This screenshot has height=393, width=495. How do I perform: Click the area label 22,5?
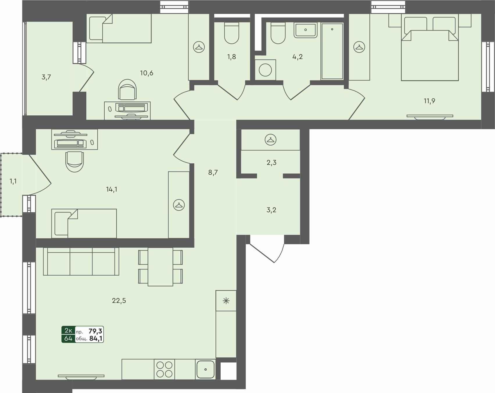pyautogui.click(x=119, y=301)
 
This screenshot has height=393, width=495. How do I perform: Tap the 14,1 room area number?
pyautogui.click(x=112, y=190)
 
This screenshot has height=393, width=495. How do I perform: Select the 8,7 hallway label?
pyautogui.click(x=213, y=172)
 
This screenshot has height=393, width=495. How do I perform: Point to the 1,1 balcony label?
pyautogui.click(x=13, y=181)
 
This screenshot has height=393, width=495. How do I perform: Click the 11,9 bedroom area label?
pyautogui.click(x=429, y=101)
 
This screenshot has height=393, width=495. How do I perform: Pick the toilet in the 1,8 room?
pyautogui.click(x=232, y=33)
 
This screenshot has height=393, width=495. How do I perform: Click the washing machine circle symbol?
pyautogui.click(x=265, y=70)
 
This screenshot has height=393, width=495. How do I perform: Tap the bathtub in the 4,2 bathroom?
pyautogui.click(x=332, y=51)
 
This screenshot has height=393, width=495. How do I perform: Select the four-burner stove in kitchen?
pyautogui.click(x=165, y=369)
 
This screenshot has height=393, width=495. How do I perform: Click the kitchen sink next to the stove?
pyautogui.click(x=205, y=369)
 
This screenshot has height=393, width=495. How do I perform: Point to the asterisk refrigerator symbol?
pyautogui.click(x=226, y=301)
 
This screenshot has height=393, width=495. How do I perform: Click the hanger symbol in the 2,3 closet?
pyautogui.click(x=270, y=140)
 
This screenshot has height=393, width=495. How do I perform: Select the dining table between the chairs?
pyautogui.click(x=160, y=267)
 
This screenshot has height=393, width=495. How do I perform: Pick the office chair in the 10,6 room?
pyautogui.click(x=127, y=90)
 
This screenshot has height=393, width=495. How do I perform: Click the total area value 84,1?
pyautogui.click(x=96, y=338)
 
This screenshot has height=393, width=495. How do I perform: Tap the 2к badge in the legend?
pyautogui.click(x=68, y=331)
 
